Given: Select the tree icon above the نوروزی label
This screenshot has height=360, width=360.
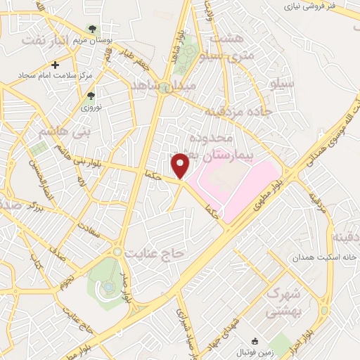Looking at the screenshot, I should tap(89, 96).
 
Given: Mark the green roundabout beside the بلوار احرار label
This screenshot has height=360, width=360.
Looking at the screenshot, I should tap(324, 310).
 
